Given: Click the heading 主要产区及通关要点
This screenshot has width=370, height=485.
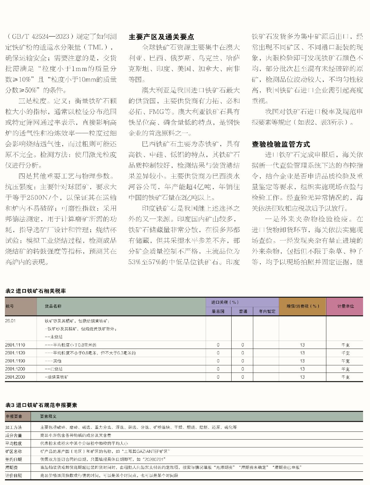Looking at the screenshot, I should [161, 37].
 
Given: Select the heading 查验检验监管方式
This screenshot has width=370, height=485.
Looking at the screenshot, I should [281, 144].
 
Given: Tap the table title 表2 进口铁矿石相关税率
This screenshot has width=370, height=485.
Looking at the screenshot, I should [36, 291].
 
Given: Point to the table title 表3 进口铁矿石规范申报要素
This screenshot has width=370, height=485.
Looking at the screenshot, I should [41, 405].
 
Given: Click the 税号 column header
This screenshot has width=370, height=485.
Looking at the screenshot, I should [10, 306].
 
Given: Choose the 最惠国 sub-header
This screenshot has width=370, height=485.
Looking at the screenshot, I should [218, 311].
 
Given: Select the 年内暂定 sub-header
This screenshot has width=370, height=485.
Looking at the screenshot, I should [267, 311].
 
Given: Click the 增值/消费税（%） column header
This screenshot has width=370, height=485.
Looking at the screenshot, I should [302, 306].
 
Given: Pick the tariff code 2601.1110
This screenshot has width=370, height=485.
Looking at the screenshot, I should [15, 345].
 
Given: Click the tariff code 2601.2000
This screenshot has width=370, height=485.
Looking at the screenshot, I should [15, 377].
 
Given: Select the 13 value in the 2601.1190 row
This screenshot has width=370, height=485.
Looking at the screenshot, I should [302, 361].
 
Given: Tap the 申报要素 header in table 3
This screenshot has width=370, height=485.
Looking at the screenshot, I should [14, 416].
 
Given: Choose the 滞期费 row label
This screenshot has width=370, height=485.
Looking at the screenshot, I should [12, 467].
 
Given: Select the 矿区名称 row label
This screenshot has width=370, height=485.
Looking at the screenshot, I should [14, 451].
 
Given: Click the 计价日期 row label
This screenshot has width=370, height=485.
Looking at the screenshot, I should [14, 475].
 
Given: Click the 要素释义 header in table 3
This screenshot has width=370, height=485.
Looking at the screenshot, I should [48, 416].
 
